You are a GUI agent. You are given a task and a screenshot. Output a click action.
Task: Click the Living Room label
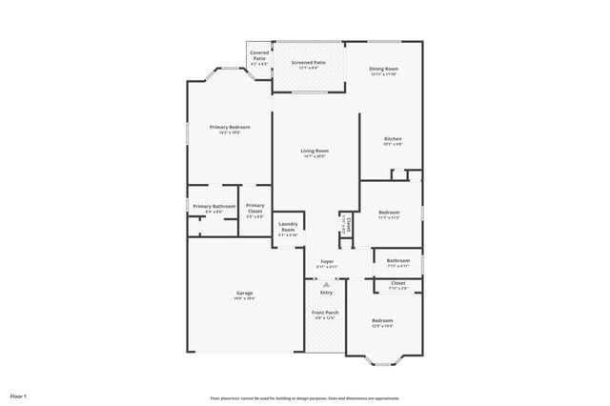point(315,151)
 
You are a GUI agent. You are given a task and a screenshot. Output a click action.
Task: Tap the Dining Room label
point(383,70)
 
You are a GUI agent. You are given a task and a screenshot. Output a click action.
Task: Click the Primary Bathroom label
point(213,207)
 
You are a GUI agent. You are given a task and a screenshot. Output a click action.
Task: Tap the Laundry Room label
point(288,227)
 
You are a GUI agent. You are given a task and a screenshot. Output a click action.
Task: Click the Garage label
point(244,294)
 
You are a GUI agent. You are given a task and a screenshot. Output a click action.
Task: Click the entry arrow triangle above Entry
point(327,284)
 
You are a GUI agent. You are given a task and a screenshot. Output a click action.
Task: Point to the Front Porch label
point(326,313)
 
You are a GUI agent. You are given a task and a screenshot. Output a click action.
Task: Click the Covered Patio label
point(259,55)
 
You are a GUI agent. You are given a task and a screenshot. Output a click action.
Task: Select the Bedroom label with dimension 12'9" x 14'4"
point(382,321)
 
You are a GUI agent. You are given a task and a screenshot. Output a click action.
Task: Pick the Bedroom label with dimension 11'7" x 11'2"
point(389,213)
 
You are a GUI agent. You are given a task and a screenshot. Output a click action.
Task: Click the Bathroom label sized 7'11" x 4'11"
point(397,260)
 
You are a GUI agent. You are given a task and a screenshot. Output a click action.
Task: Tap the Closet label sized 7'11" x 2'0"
point(397,283)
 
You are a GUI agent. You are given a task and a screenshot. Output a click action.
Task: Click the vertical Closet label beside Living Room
point(349,224)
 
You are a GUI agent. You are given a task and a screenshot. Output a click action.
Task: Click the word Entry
point(327,293)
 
